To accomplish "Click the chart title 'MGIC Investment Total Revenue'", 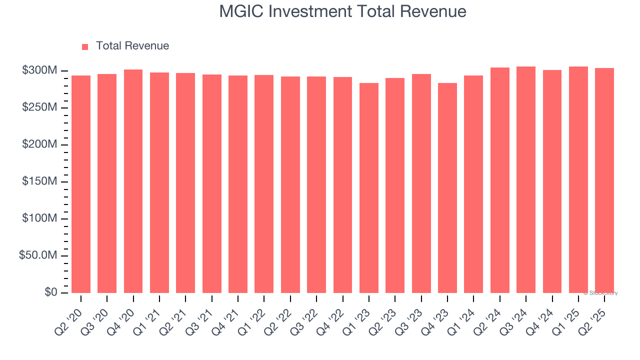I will [342, 11].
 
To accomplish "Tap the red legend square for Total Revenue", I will [85, 46].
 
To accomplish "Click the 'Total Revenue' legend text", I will [132, 46].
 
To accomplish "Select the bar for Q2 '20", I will [81, 184].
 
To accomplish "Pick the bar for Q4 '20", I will [133, 181].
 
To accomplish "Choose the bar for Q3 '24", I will [525, 179].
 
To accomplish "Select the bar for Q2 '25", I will [604, 180].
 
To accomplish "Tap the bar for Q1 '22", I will [264, 183].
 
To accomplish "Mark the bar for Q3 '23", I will [421, 183].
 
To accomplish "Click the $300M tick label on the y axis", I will [39, 70].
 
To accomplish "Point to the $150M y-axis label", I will [39, 181].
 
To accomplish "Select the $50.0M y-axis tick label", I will [37, 255].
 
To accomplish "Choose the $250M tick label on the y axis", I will [39, 107].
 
